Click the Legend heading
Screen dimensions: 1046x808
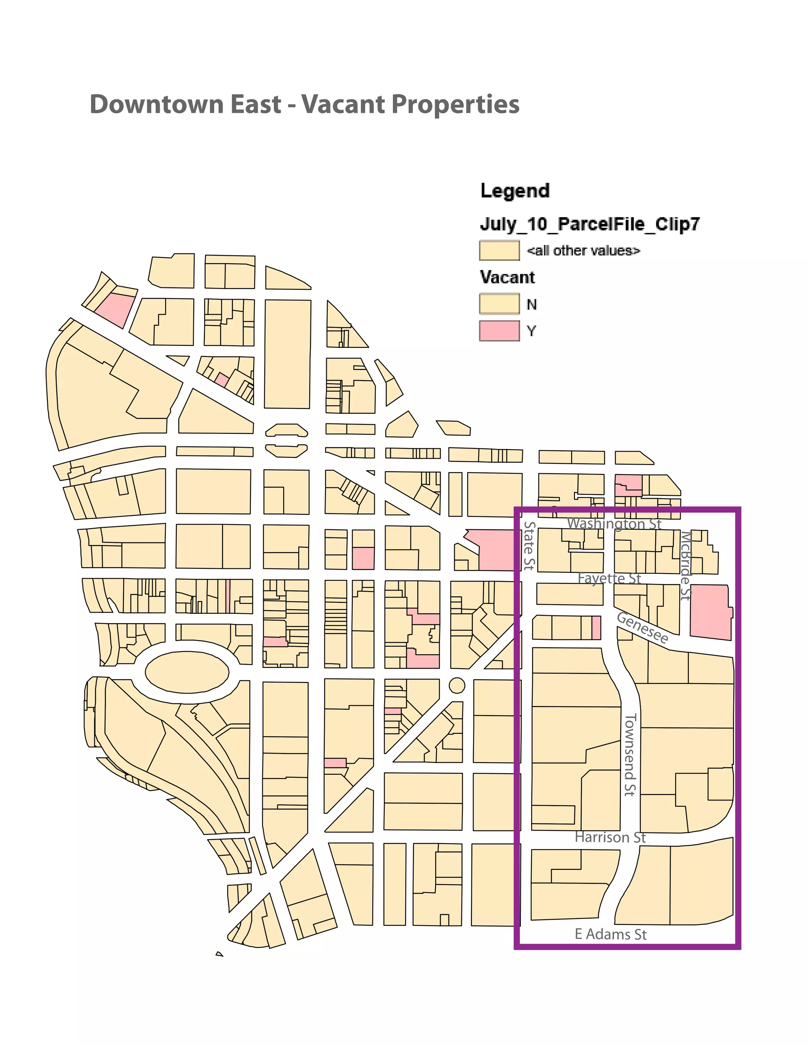click(x=514, y=191)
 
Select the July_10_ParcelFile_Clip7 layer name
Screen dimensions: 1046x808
click(x=590, y=224)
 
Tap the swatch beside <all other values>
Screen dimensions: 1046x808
click(x=499, y=251)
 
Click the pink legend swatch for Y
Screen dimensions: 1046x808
click(x=499, y=331)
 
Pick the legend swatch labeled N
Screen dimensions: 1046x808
click(x=499, y=304)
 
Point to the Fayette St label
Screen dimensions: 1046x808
click(x=609, y=579)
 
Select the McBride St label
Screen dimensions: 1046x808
click(x=686, y=565)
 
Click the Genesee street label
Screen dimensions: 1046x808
click(x=642, y=628)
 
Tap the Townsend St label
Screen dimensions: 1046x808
click(x=630, y=755)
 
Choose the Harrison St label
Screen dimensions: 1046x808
click(x=610, y=838)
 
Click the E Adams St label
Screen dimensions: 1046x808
click(x=610, y=934)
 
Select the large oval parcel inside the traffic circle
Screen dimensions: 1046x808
click(x=187, y=672)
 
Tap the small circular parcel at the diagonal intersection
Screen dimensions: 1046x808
click(x=457, y=685)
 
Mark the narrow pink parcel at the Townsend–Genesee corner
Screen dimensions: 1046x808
click(x=596, y=628)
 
